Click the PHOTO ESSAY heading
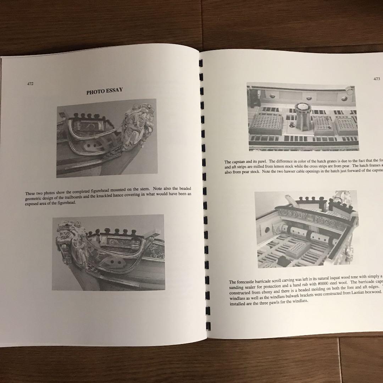click(x=105, y=91)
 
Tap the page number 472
click(x=30, y=84)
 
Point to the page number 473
click(x=376, y=79)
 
